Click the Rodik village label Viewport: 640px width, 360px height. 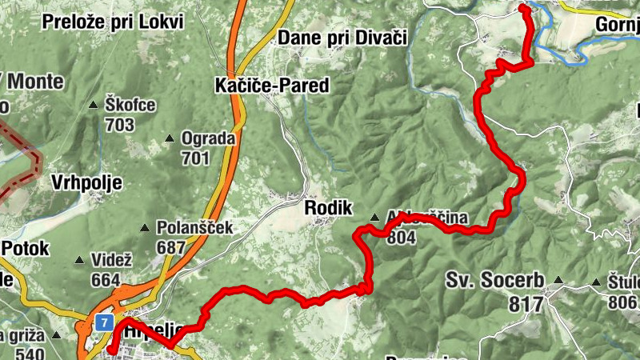(x=329, y=208)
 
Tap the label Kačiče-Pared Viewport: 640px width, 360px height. (x=272, y=86)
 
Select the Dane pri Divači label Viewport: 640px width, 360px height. (x=343, y=37)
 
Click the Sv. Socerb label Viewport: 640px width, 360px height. (x=496, y=281)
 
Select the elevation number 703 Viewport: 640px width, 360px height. (x=118, y=125)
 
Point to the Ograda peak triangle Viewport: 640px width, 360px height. (x=170, y=139)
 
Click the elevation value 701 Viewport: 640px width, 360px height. (x=195, y=158)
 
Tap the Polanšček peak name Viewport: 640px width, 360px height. (x=194, y=228)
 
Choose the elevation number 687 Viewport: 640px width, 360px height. (x=170, y=247)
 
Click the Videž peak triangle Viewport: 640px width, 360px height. (x=79, y=261)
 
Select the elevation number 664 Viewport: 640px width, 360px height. (x=105, y=280)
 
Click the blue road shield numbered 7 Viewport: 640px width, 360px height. (x=104, y=322)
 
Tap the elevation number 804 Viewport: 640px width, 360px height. (x=401, y=237)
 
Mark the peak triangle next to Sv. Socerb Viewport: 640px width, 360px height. (x=558, y=281)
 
